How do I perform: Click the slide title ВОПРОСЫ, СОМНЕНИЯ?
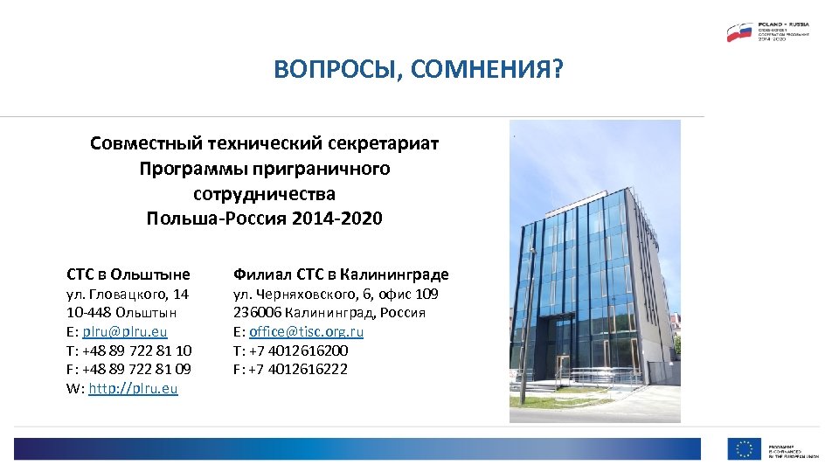[419, 69]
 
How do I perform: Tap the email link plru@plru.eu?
[124, 331]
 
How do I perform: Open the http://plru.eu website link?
[133, 388]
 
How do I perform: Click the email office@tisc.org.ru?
[306, 331]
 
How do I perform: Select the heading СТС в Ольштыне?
[128, 274]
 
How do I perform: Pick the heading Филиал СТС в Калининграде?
[341, 274]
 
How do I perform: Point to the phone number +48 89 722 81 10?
[137, 351]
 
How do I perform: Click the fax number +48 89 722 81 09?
[137, 369]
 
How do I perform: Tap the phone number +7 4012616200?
[298, 351]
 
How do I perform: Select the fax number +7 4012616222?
[298, 369]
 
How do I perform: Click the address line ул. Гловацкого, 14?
[128, 295]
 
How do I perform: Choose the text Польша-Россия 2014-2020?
[264, 218]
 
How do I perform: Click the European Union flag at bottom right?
[744, 448]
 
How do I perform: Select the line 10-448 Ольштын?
[121, 313]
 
